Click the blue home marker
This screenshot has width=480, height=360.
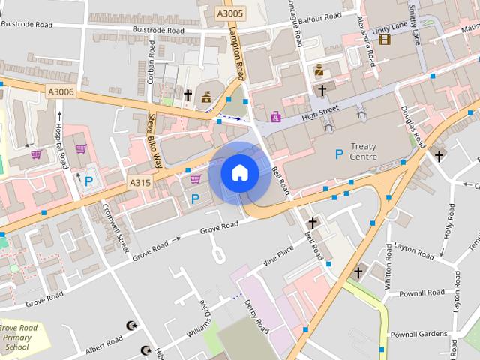click(x=240, y=173)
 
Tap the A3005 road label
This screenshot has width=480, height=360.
click(x=230, y=13)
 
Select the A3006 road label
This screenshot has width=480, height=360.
click(x=61, y=91)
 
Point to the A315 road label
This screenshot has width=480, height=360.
click(x=140, y=182)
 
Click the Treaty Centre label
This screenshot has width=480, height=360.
click(x=373, y=151)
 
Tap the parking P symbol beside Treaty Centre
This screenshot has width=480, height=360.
click(x=339, y=154)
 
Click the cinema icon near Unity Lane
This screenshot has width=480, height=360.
click(x=385, y=39)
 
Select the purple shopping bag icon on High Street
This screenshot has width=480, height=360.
click(x=276, y=117)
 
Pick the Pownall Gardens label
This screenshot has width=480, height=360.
click(x=418, y=333)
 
